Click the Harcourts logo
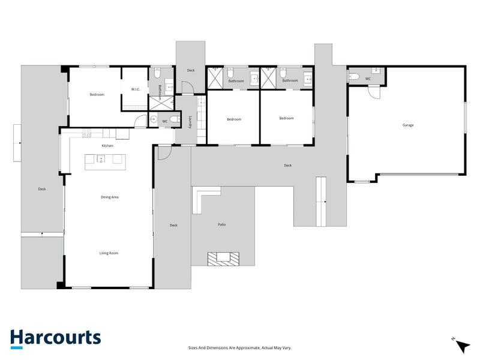(55, 338)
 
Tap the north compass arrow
(462, 346)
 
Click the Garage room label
(408, 125)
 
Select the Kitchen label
(107, 146)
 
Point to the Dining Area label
(110, 197)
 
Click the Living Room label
(109, 253)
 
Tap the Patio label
(221, 224)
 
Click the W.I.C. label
(136, 89)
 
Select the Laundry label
(190, 122)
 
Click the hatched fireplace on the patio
(223, 259)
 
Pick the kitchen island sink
(101, 159)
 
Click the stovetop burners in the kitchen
(86, 133)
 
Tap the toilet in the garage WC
(354, 76)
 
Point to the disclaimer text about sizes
(239, 348)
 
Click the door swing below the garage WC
(374, 92)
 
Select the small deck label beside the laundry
(191, 70)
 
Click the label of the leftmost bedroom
(97, 95)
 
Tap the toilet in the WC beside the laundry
(175, 119)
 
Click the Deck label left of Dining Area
(42, 189)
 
